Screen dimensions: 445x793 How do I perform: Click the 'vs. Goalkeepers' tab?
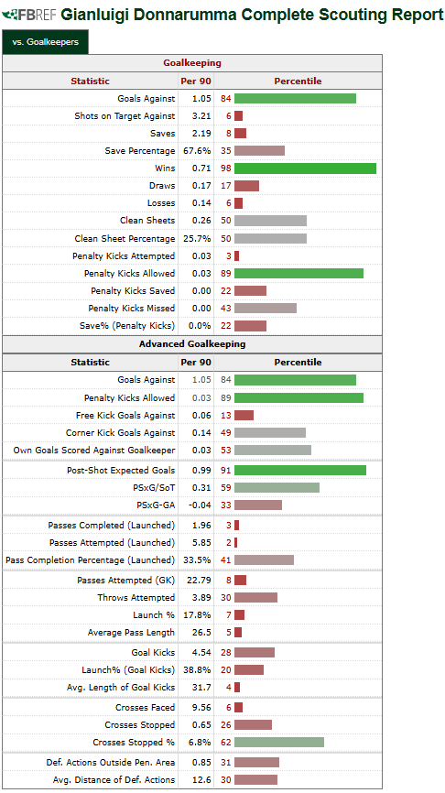pos(45,42)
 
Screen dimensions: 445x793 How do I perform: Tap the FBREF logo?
pos(29,15)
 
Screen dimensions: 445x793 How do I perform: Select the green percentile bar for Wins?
pos(305,168)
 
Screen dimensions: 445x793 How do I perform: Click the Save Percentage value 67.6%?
pos(197,151)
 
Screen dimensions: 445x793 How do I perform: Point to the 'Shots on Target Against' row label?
pos(125,115)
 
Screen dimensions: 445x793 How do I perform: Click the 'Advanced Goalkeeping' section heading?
pos(192,344)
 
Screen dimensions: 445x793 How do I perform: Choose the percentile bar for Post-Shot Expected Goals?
pos(299,471)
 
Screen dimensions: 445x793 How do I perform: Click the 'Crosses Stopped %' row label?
pos(134,743)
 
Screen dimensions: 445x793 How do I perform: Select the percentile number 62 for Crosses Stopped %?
pos(225,743)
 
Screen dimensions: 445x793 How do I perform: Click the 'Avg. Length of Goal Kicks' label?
pos(121,688)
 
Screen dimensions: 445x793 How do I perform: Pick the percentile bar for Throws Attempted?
pos(255,598)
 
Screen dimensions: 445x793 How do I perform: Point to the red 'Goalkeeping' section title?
pos(192,63)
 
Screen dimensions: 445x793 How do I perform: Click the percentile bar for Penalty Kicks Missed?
pos(265,308)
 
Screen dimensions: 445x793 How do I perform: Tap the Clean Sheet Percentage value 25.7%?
pos(197,238)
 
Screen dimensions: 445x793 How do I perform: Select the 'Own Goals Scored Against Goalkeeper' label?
pos(94,451)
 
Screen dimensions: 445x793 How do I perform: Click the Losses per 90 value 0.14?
pos(201,202)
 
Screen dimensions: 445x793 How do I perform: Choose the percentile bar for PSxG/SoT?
pos(277,487)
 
